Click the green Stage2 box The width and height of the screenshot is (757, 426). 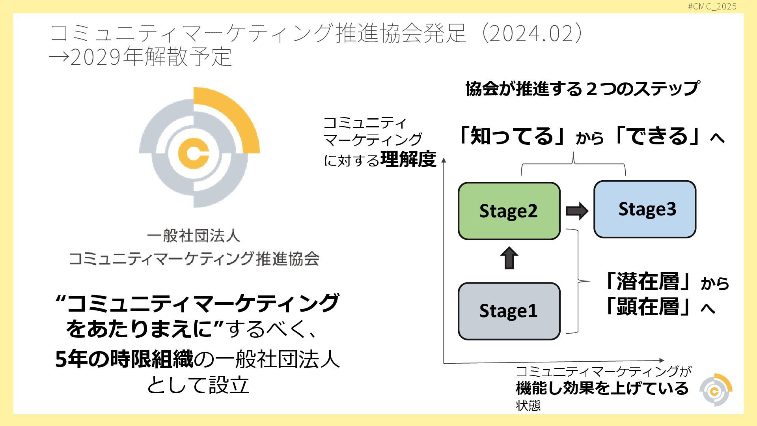(509, 211)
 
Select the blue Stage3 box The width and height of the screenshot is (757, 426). (645, 209)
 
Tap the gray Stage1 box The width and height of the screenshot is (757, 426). (509, 311)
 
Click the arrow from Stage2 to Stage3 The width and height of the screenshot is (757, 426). (577, 211)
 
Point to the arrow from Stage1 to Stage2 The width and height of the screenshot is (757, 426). (509, 258)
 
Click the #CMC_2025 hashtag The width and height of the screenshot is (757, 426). (712, 6)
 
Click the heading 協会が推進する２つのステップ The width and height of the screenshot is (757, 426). (582, 88)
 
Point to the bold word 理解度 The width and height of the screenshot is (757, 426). (408, 159)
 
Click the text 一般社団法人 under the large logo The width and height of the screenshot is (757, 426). (193, 236)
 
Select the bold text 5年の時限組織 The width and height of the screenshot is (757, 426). (124, 359)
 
